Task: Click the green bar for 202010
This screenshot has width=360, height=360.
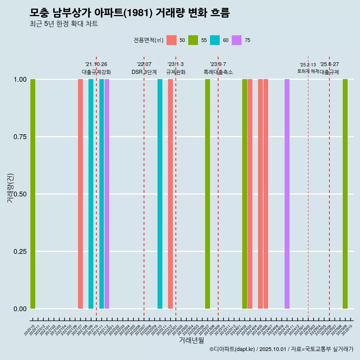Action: pyautogui.click(x=33, y=194)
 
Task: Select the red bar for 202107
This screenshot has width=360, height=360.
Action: pyautogui.click(x=80, y=194)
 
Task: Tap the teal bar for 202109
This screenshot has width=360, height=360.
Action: pyautogui.click(x=91, y=194)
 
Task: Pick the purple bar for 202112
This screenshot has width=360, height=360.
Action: pyautogui.click(x=107, y=194)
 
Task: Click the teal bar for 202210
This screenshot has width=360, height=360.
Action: pyautogui.click(x=160, y=194)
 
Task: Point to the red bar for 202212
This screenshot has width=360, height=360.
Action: pyautogui.click(x=170, y=194)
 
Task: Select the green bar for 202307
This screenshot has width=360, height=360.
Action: pyautogui.click(x=207, y=194)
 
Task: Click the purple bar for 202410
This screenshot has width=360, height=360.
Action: pyautogui.click(x=287, y=194)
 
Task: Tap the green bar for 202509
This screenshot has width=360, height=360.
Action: pyautogui.click(x=345, y=194)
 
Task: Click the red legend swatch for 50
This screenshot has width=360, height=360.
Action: pyautogui.click(x=171, y=40)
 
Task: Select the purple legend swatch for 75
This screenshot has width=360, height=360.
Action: pyautogui.click(x=237, y=40)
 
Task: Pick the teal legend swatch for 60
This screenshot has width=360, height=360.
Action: pyautogui.click(x=215, y=40)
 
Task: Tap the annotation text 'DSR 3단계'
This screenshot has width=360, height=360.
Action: pyautogui.click(x=144, y=72)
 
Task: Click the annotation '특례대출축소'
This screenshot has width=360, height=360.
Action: pyautogui.click(x=218, y=72)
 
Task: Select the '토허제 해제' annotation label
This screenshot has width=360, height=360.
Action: pyautogui.click(x=308, y=71)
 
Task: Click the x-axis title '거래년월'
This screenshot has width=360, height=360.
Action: pyautogui.click(x=192, y=340)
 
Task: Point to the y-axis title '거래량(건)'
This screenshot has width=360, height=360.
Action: pyautogui.click(x=10, y=188)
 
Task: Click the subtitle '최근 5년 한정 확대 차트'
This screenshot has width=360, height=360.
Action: pyautogui.click(x=64, y=24)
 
